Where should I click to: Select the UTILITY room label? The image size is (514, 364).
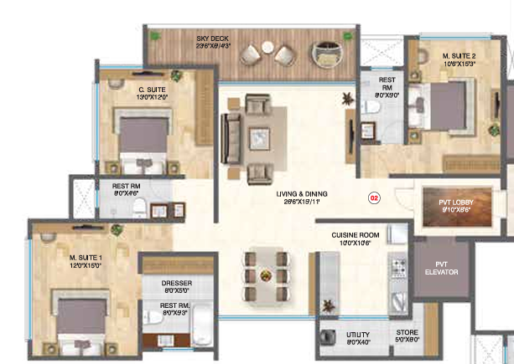pyautogui.click(x=359, y=336)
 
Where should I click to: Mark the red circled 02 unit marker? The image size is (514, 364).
pyautogui.click(x=374, y=198)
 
